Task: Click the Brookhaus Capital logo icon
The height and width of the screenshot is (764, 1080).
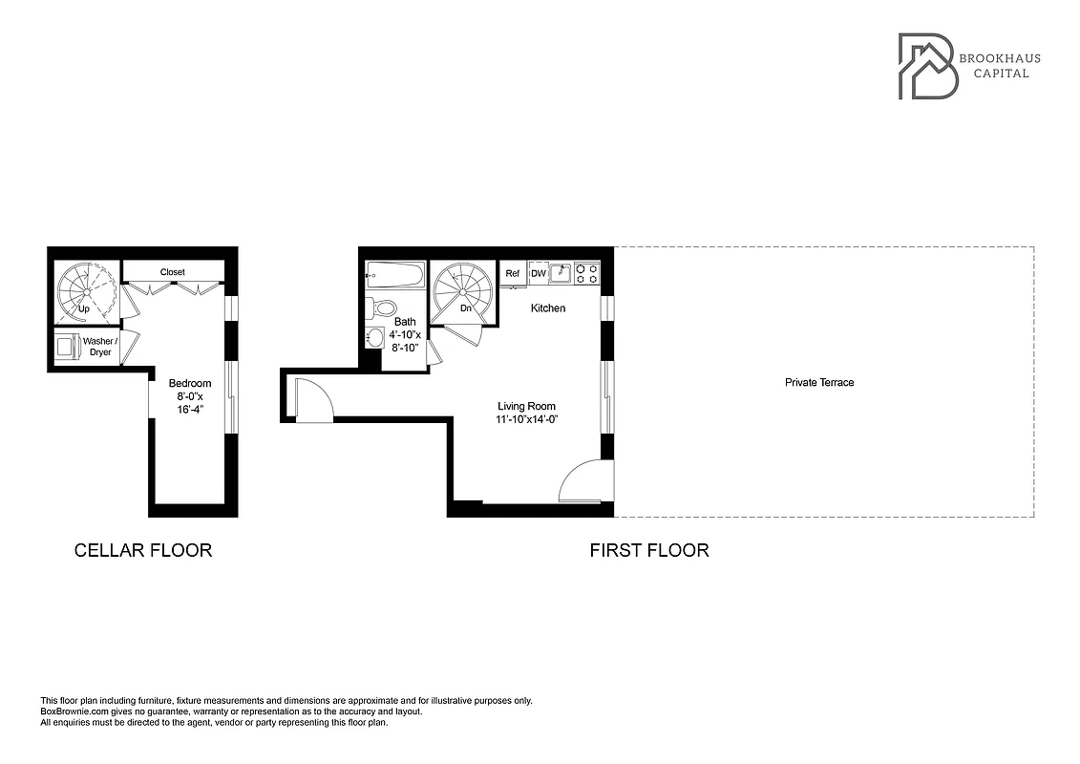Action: click(x=928, y=66)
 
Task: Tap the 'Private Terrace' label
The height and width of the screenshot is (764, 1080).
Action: click(x=818, y=383)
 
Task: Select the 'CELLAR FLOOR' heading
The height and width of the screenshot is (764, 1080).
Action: click(x=143, y=550)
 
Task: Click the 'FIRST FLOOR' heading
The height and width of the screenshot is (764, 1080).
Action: click(x=648, y=550)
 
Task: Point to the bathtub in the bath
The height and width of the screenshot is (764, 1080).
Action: click(x=394, y=276)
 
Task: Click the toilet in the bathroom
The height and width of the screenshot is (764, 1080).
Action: click(x=383, y=308)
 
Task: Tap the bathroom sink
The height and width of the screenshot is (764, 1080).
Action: click(x=374, y=337)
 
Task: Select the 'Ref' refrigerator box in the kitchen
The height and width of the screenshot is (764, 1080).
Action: click(x=513, y=274)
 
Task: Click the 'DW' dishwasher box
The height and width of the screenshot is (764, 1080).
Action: click(x=539, y=274)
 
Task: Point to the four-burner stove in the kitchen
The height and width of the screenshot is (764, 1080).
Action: click(x=586, y=274)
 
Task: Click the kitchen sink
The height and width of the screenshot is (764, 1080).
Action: click(x=561, y=274)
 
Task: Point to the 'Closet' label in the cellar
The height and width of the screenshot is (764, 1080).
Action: click(x=173, y=272)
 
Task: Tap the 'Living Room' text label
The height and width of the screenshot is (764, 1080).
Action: click(x=526, y=406)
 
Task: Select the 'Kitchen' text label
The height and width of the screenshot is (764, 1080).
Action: click(x=548, y=308)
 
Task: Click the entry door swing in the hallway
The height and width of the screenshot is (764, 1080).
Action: click(x=313, y=401)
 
